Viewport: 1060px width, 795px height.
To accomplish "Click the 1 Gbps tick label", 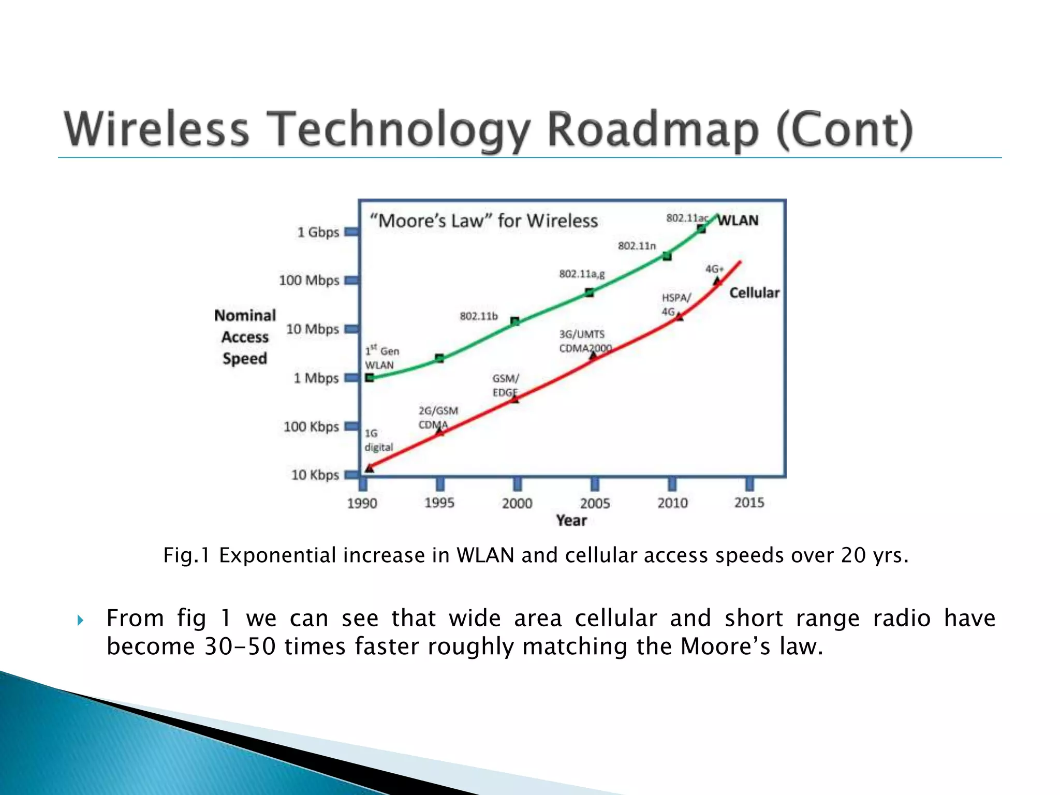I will [x=318, y=232].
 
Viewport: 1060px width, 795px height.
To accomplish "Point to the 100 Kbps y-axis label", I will [x=311, y=427].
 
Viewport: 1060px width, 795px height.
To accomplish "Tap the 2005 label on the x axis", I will [x=595, y=503].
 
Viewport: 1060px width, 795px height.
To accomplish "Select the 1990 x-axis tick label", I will [x=362, y=503].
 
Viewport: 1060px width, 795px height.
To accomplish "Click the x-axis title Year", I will [x=571, y=521].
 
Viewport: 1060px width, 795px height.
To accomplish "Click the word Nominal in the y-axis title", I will [x=245, y=316].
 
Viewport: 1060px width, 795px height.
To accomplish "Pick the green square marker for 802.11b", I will [x=515, y=321].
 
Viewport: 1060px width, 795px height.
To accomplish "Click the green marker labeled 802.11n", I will [x=667, y=256].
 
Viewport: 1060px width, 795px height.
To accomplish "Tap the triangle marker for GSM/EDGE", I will [x=514, y=399].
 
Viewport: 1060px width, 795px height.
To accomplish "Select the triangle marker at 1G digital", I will [x=370, y=468].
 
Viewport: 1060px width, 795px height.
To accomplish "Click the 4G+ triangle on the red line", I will [x=717, y=281].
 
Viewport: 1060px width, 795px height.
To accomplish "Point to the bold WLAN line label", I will [x=738, y=220].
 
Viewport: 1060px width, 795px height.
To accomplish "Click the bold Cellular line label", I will [x=754, y=293].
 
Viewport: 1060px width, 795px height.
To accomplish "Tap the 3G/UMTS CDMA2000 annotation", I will [x=585, y=342].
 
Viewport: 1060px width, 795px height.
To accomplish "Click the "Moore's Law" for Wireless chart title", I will [x=483, y=221].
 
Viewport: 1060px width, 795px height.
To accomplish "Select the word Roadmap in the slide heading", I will [x=652, y=129].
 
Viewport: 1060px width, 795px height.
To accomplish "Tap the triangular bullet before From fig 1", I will [x=80, y=620].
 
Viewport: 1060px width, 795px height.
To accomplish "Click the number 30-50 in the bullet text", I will [x=240, y=647].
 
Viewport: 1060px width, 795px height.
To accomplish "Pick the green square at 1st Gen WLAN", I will [x=370, y=378].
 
